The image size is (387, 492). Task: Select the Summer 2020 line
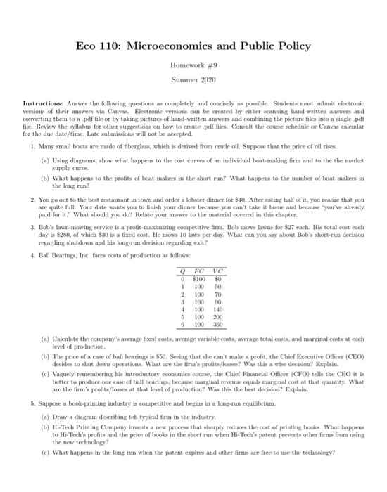coord(193,82)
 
